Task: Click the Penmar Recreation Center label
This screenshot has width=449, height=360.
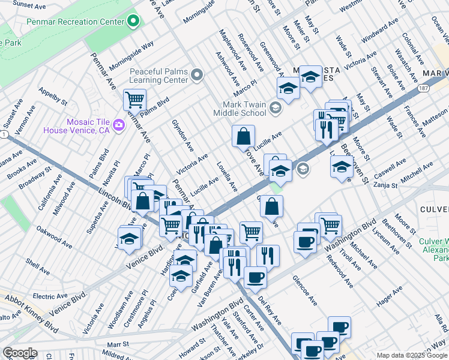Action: click(x=75, y=22)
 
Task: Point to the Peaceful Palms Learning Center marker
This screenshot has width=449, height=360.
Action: click(x=197, y=75)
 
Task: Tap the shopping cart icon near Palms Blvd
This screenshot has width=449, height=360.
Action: click(x=134, y=99)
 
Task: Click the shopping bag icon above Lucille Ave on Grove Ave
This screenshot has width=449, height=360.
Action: click(x=243, y=136)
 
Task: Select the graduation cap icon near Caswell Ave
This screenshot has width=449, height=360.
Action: click(x=341, y=166)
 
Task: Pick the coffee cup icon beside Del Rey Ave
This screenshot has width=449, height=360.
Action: click(x=256, y=277)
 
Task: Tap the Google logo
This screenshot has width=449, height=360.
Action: click(x=19, y=353)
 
